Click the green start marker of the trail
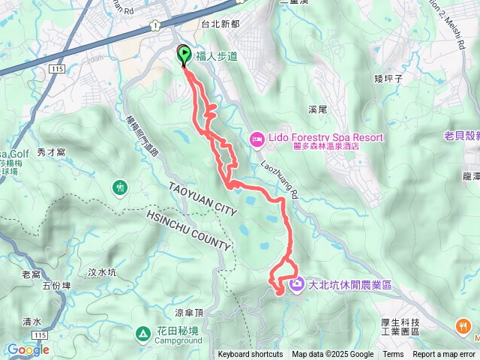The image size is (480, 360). pos(183,54)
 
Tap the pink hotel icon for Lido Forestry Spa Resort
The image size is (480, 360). pos(256,139)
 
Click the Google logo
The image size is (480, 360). pos(28,349)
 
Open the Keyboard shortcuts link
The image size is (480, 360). pos(250,355)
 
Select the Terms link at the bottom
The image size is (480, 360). pos(393,355)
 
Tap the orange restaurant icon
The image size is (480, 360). pos(463,326)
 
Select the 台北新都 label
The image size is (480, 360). pos(220,24)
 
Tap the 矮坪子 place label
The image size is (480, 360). pos(388,77)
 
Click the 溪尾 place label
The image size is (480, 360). pos(318,109)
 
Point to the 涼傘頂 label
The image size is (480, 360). pos(189,312)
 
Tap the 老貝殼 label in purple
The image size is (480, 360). pos(460,136)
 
